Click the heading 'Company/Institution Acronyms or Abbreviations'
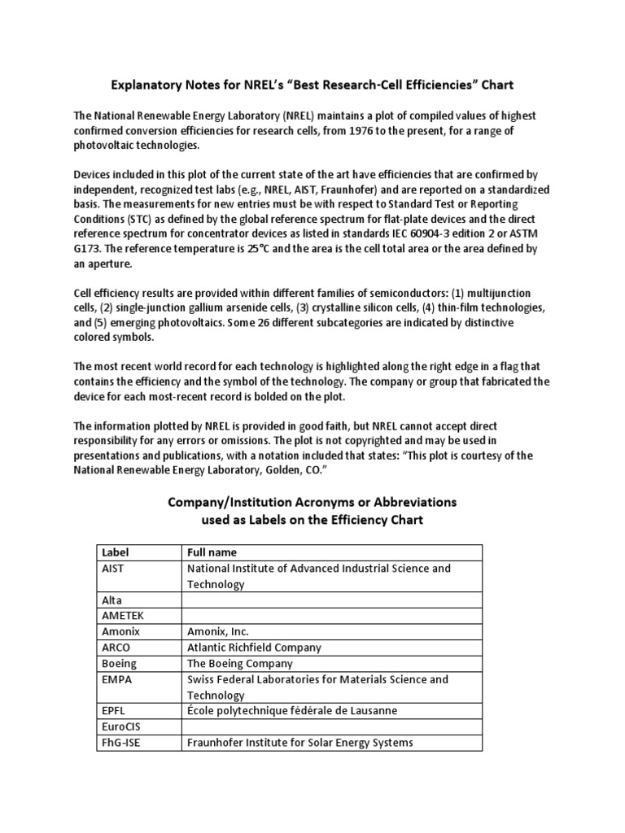pos(312,503)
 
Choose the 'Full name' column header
pos(213,552)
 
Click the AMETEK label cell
pos(122,616)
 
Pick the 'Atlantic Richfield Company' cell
pos(254,648)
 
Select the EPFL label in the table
pos(114,710)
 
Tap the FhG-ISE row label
pos(121,742)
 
